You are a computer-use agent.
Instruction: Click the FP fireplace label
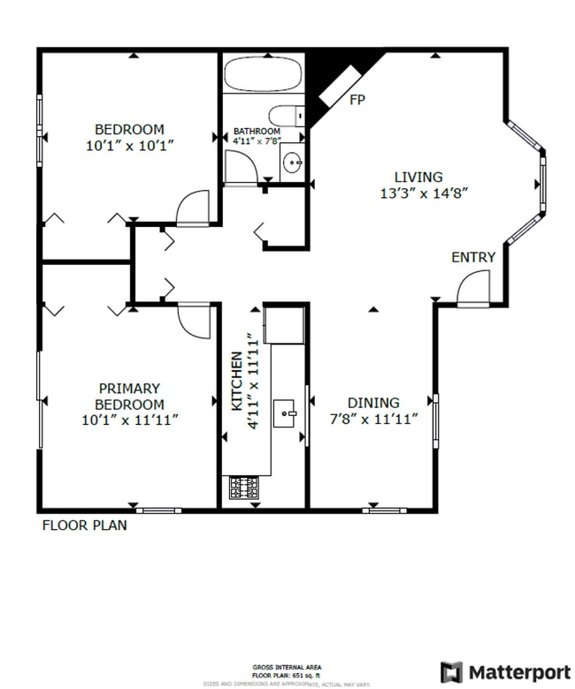tap(357, 100)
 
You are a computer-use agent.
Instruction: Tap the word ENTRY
tap(473, 257)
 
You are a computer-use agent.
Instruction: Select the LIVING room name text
tap(418, 177)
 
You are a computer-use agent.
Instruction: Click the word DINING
tap(372, 402)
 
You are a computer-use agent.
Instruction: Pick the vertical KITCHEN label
tap(237, 381)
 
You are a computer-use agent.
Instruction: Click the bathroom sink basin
tap(293, 162)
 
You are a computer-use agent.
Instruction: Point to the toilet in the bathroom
tap(285, 116)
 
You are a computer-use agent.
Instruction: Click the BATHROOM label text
tap(257, 132)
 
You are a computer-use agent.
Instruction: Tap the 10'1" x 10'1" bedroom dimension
tap(130, 146)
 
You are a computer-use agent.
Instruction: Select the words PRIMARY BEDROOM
tap(129, 396)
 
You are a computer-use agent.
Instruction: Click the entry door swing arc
tap(473, 287)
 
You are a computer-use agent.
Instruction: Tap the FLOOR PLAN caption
tap(85, 525)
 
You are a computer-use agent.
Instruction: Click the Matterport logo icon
tap(451, 671)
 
